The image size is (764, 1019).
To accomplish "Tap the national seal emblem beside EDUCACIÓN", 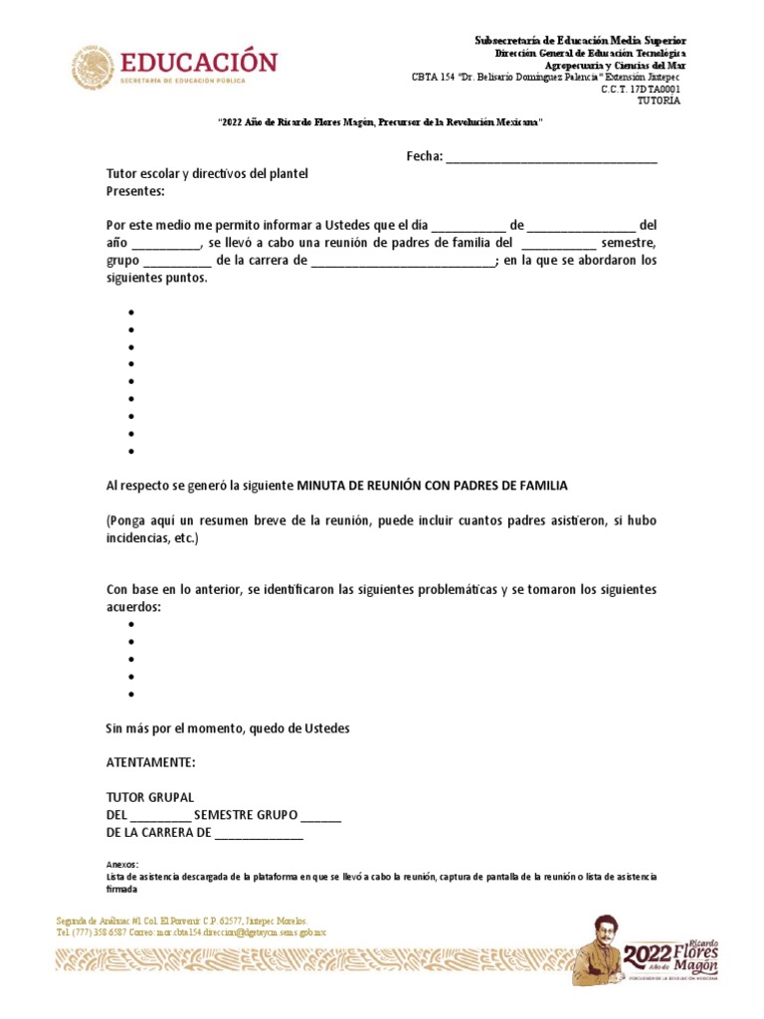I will click(92, 67).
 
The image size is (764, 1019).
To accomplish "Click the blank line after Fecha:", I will click(551, 157).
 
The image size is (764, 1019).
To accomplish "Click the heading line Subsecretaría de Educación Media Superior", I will click(580, 39).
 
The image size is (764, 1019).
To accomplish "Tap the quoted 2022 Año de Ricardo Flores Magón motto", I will click(381, 121).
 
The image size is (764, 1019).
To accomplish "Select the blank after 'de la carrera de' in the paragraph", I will click(402, 262).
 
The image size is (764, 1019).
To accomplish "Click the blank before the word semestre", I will click(558, 244).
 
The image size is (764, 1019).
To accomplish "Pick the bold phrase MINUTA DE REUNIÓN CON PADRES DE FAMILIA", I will click(432, 486).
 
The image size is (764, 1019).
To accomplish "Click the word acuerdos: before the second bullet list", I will click(133, 606).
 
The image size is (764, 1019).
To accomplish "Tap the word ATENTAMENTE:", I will click(151, 762).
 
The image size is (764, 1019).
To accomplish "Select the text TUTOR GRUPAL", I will click(150, 798).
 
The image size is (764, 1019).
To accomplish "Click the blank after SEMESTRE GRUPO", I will click(320, 816).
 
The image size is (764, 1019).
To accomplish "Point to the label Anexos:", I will click(122, 864).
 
